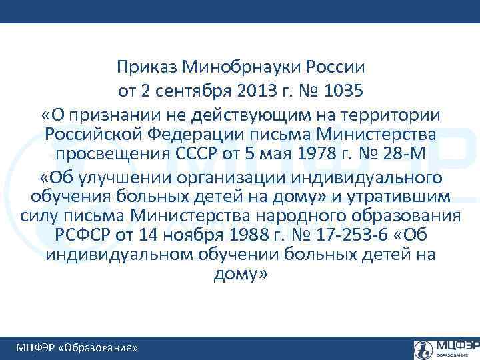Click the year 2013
pos(257,89)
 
